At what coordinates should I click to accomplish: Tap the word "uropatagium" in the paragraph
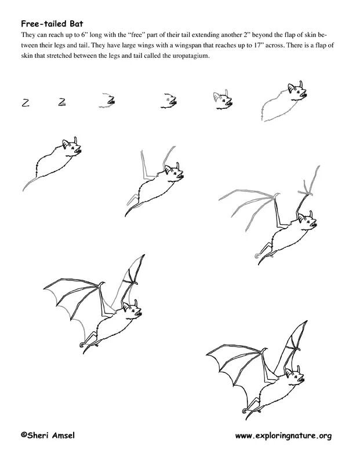(187, 56)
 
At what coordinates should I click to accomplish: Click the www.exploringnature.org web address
(282, 436)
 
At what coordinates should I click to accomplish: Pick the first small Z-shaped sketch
(26, 103)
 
